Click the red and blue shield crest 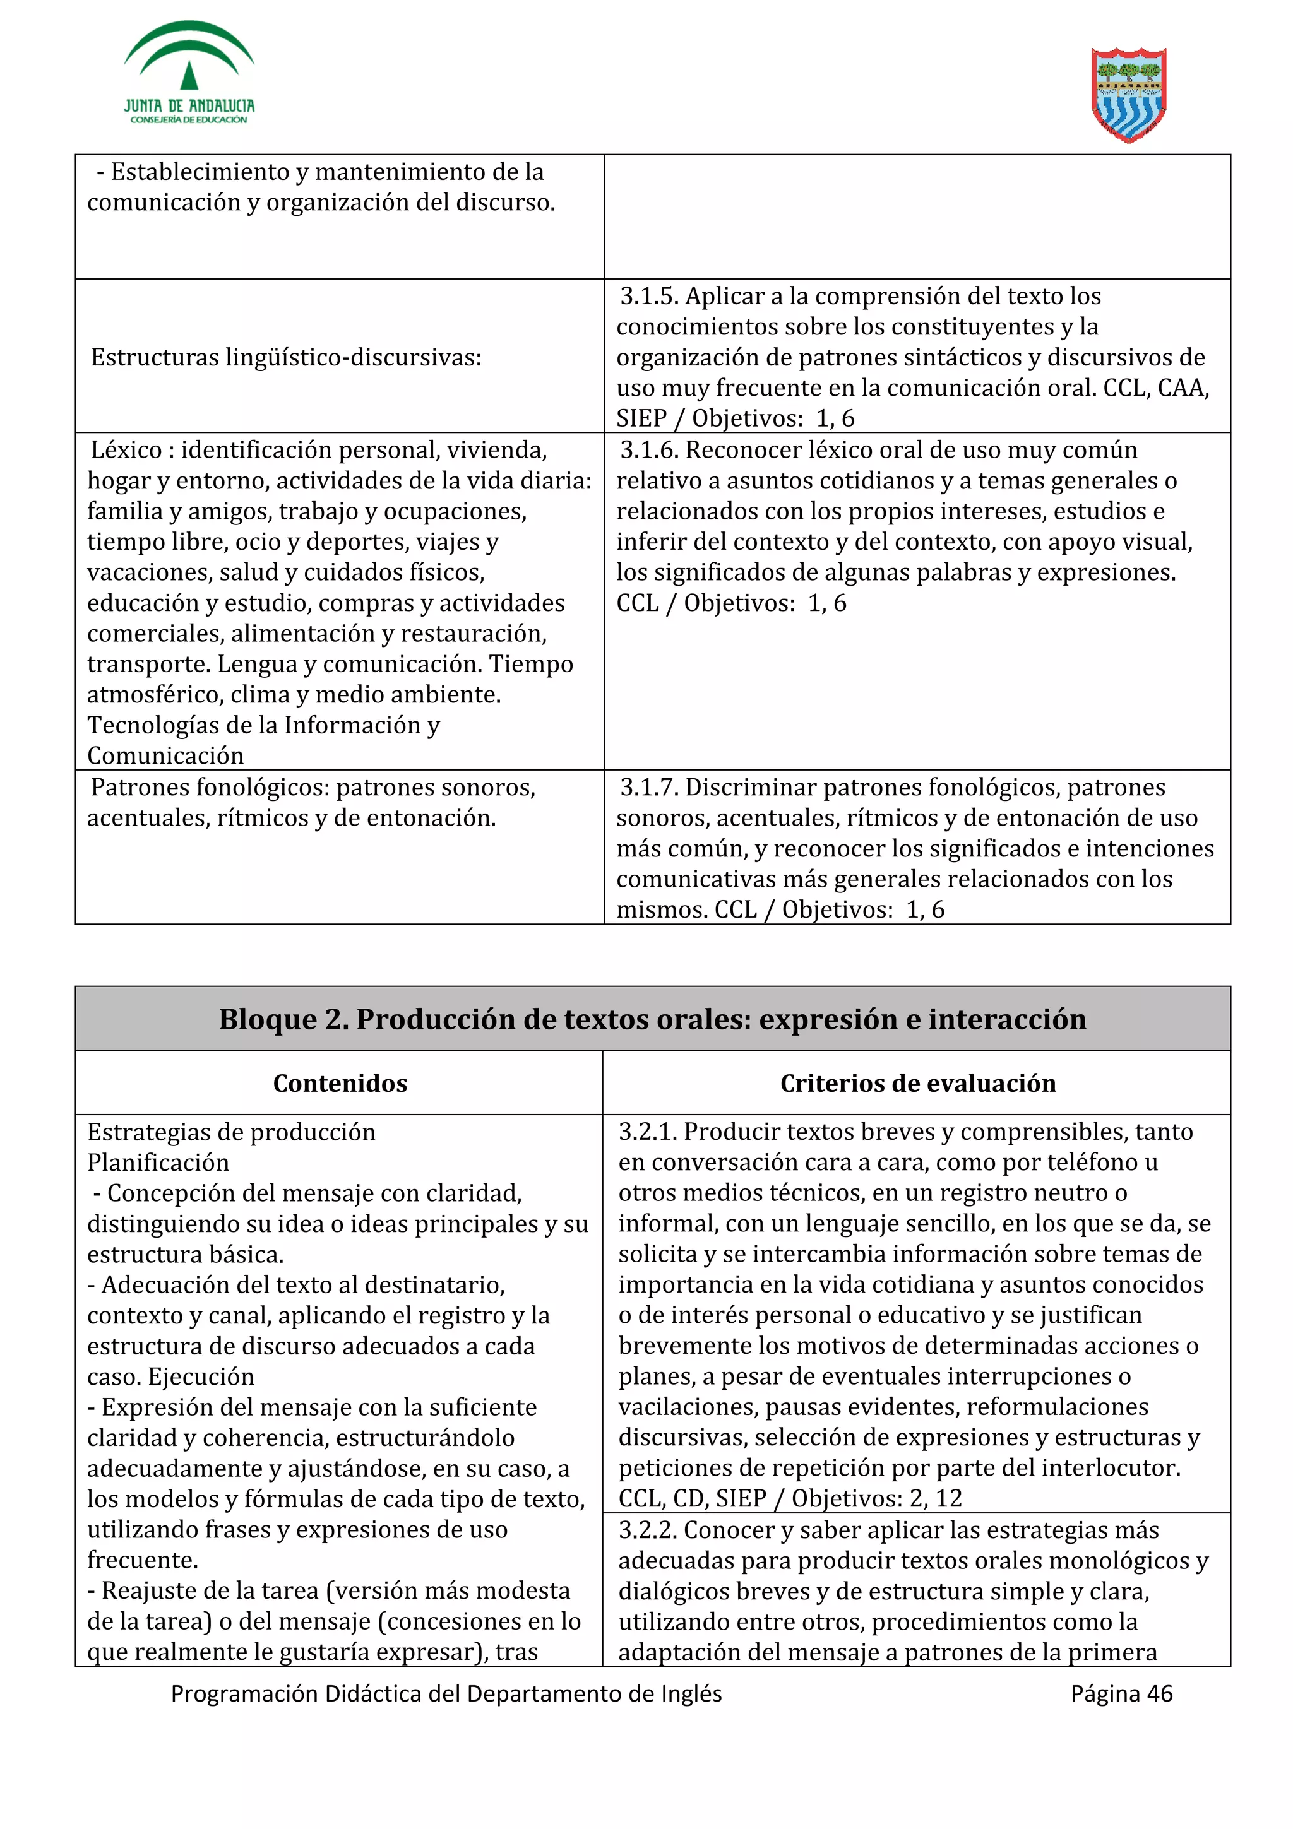1128,94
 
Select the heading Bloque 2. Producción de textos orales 652,1019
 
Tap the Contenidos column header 340,1084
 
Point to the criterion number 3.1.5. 648,297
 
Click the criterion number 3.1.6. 648,450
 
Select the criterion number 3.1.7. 648,788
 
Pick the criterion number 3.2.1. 647,1132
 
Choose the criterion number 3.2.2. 647,1530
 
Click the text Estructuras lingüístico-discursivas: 286,358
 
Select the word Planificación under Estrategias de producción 158,1163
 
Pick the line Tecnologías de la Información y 263,726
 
